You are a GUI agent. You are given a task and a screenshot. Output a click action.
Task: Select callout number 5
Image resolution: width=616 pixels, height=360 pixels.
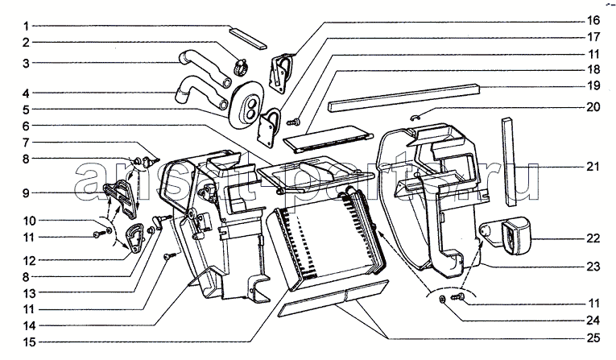pyautogui.click(x=26, y=110)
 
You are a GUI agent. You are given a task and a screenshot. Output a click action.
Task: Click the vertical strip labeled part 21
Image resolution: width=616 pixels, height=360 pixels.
pyautogui.click(x=509, y=161)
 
